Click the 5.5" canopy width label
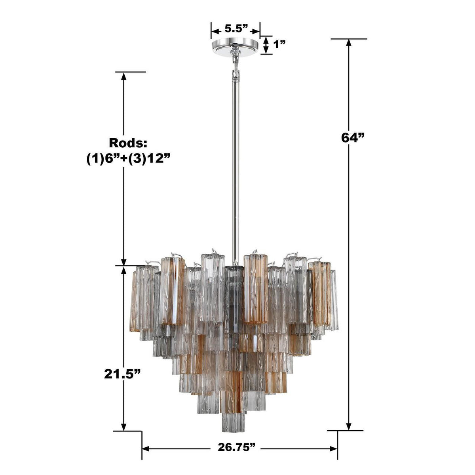tap(236, 28)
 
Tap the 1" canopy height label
tap(279, 44)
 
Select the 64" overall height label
tap(352, 137)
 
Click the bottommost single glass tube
tap(234, 422)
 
